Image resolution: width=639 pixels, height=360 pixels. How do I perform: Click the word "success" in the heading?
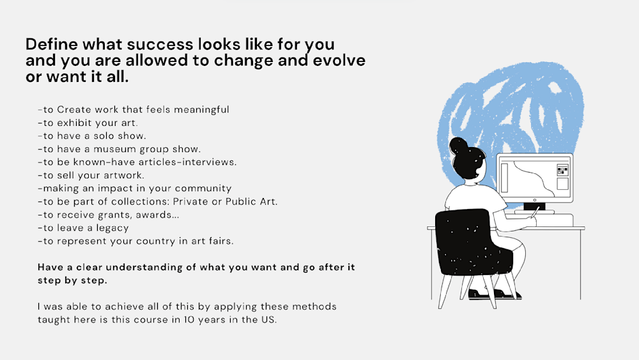click(x=160, y=44)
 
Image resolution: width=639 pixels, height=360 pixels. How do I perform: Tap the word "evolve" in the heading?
click(x=339, y=60)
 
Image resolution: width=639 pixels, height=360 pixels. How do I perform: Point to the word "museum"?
click(x=114, y=149)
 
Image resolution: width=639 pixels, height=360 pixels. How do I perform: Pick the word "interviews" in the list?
click(x=209, y=162)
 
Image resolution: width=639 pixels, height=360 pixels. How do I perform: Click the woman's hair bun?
click(x=458, y=145)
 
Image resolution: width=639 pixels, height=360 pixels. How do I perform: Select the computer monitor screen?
click(x=535, y=178)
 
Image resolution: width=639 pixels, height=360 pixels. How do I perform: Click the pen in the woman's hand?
click(x=534, y=213)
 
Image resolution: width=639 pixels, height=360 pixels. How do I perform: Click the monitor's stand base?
click(x=534, y=212)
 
